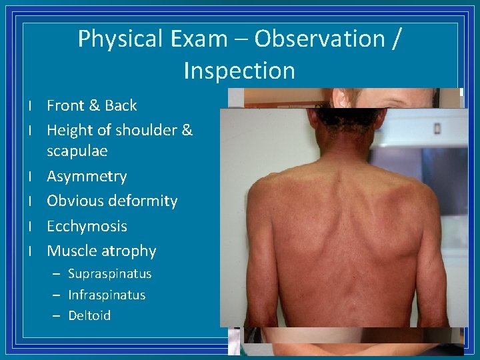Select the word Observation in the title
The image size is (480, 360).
[318, 39]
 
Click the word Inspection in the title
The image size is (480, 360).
[239, 71]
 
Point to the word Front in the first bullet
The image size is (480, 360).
[65, 105]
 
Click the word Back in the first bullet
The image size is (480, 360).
[120, 105]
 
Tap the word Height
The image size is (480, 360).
[70, 130]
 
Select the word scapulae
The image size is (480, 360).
[77, 151]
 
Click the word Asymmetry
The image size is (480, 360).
[87, 177]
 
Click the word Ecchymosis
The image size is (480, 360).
[87, 227]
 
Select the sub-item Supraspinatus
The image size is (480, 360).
[110, 274]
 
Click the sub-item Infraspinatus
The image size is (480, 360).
[107, 295]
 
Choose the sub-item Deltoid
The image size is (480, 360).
[89, 315]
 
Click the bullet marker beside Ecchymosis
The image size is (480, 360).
[31, 227]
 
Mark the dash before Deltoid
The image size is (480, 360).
[56, 315]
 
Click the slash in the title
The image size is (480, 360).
[396, 39]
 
